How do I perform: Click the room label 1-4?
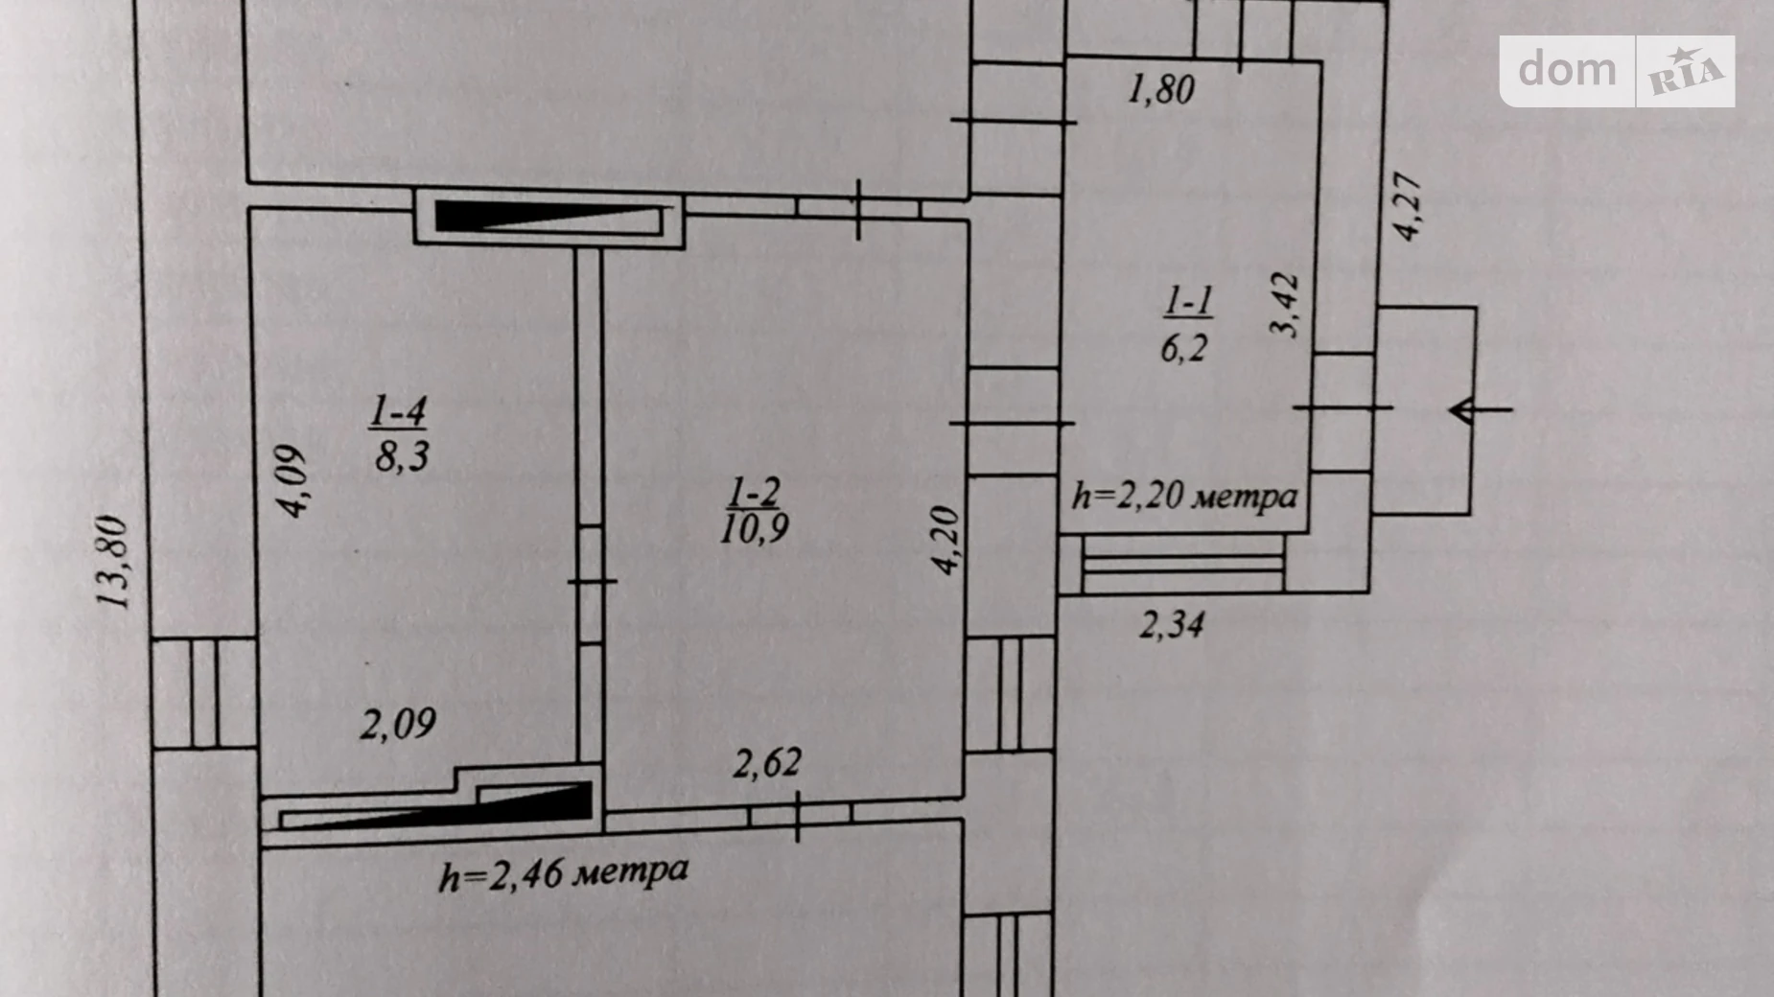tap(398, 413)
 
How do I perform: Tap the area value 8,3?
tap(402, 455)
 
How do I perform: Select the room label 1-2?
tap(754, 494)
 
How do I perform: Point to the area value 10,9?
tap(755, 528)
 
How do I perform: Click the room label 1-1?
tap(1188, 302)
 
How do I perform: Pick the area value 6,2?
tap(1184, 347)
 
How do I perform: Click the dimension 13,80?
tap(113, 562)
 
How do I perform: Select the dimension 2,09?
tap(398, 724)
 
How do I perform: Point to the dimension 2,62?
tap(767, 764)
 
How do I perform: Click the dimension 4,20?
tap(946, 541)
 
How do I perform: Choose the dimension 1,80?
tap(1161, 90)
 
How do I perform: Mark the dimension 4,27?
tap(1407, 207)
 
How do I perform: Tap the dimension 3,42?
tap(1286, 306)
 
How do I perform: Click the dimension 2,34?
tap(1171, 625)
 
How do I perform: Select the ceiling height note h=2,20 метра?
tap(1184, 497)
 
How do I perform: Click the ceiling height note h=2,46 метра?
tap(564, 873)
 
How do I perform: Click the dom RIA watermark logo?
tap(1617, 71)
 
